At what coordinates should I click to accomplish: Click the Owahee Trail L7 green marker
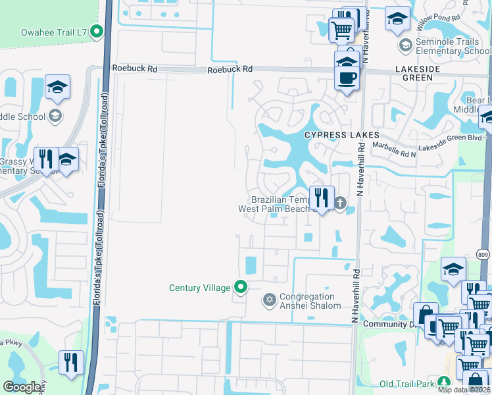tap(97, 31)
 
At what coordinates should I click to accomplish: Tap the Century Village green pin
tap(241, 287)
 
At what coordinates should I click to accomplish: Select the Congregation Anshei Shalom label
tap(310, 301)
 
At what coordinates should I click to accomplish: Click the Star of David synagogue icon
tap(268, 301)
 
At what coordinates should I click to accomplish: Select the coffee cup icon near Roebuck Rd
tap(347, 78)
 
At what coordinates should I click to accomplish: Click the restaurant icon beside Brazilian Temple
tap(322, 197)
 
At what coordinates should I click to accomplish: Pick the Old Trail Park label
tap(408, 384)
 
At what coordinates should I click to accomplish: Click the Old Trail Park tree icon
tap(444, 382)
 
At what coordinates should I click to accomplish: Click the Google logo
tap(22, 386)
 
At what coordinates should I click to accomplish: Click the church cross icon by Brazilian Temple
tap(339, 203)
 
